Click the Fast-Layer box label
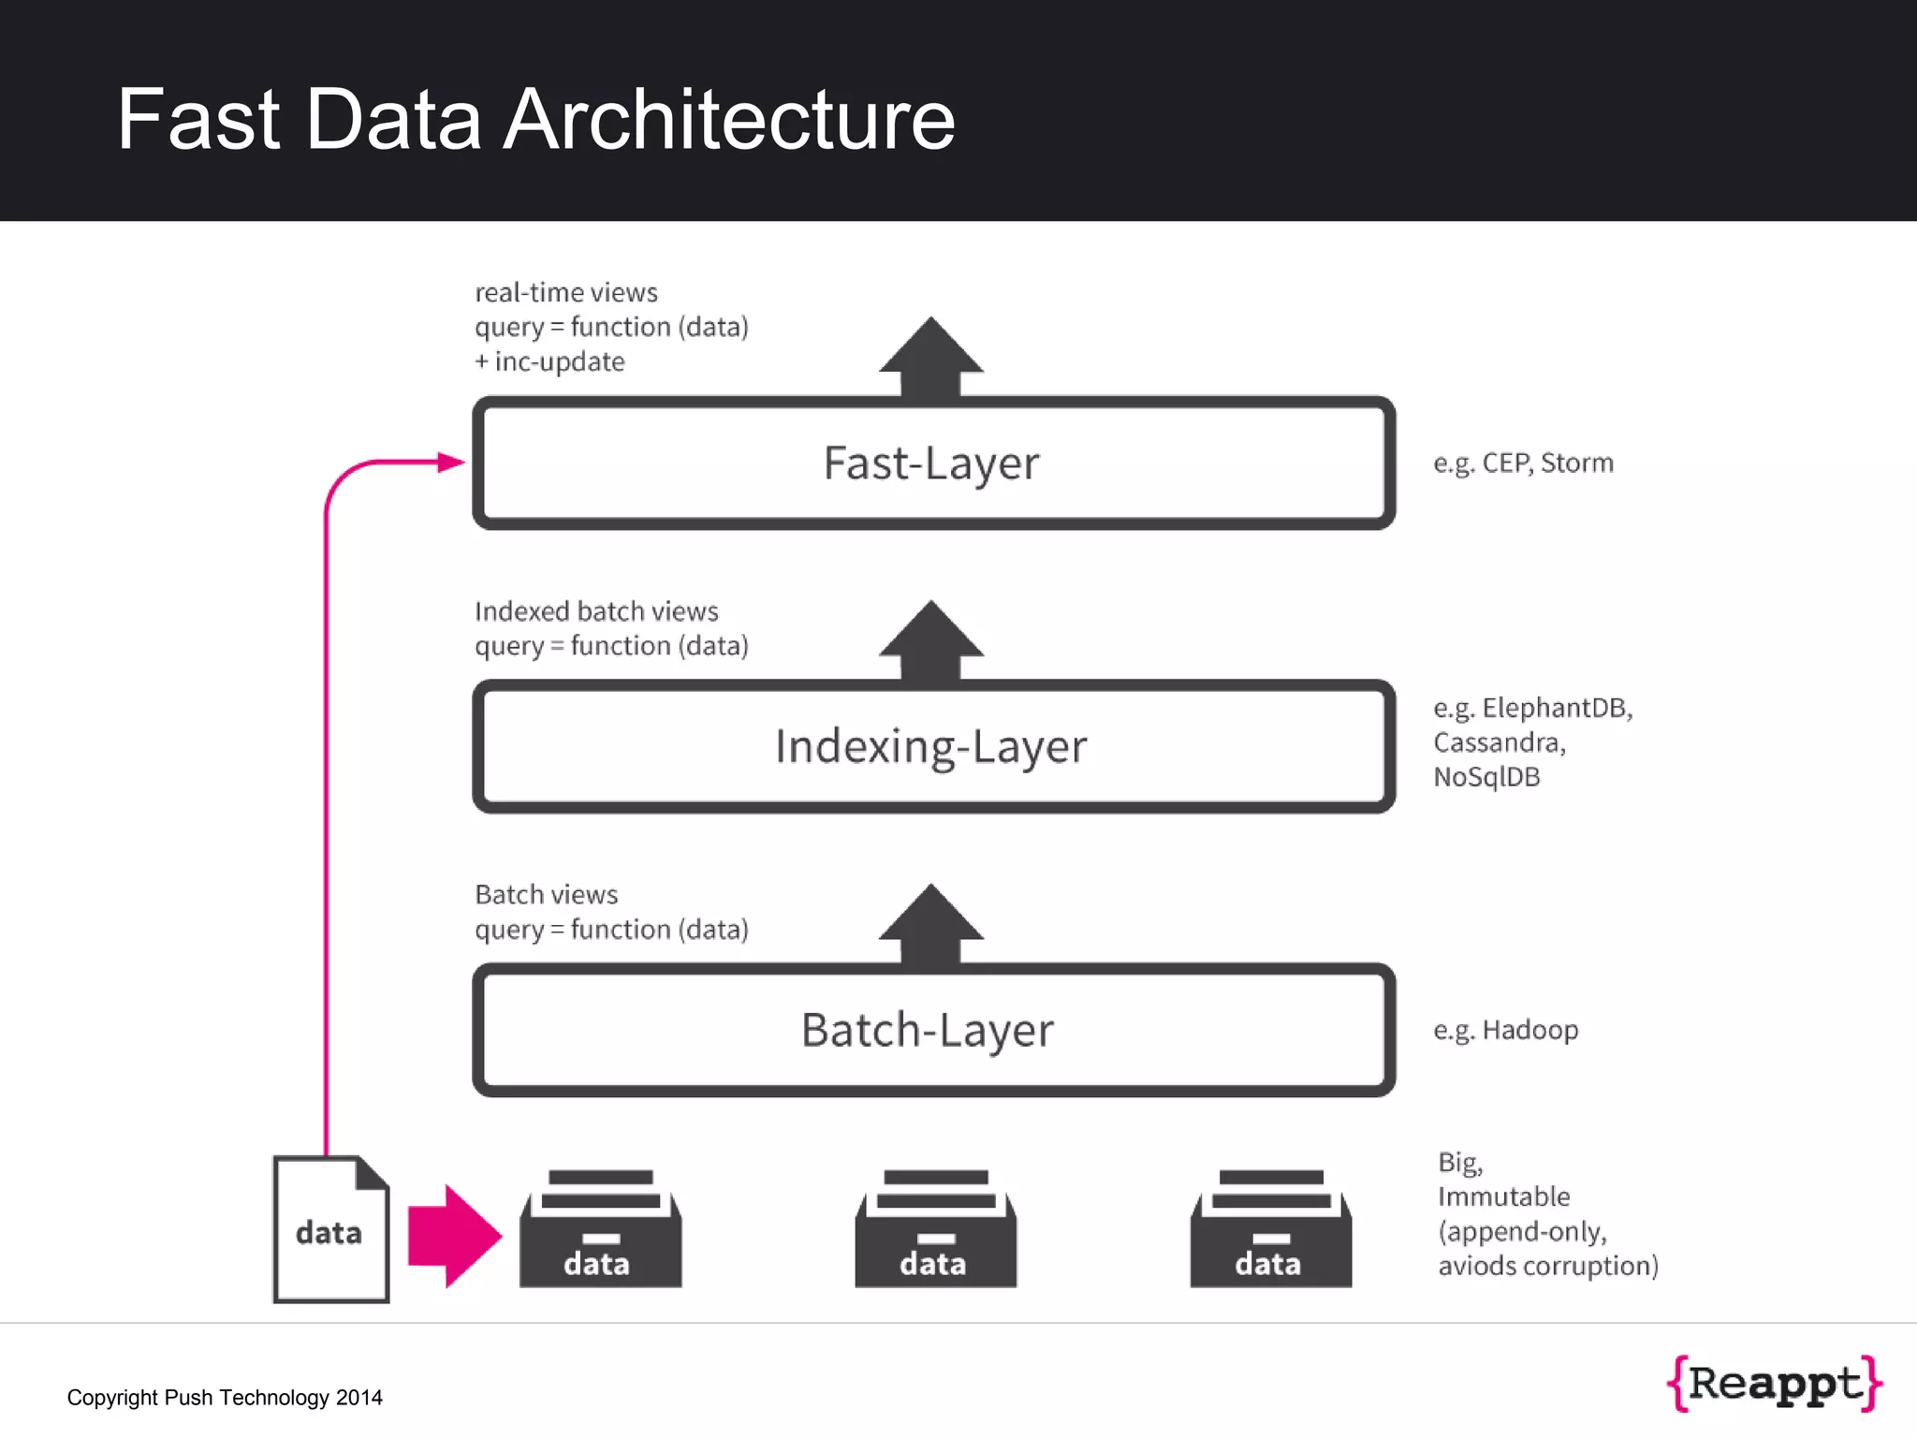coord(931,463)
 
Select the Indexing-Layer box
coord(931,747)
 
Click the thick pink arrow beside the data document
coord(454,1236)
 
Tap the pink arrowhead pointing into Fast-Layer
coord(451,462)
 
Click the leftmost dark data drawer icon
coord(600,1231)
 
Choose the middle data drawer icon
coord(935,1231)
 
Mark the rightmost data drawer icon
coord(1270,1231)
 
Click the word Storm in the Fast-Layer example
coord(1577,463)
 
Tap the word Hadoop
coord(1530,1030)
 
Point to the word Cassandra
coord(1498,742)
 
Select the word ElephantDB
coord(1556,708)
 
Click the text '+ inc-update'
coord(549,362)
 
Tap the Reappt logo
coord(1775,1383)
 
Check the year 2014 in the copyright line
coord(359,1398)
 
